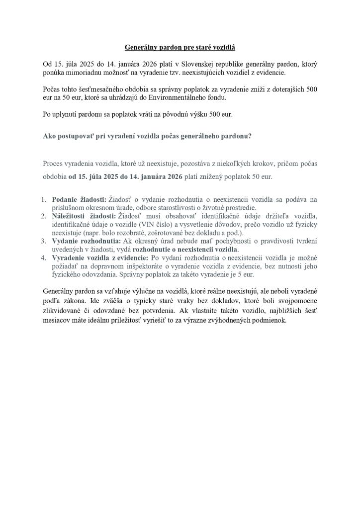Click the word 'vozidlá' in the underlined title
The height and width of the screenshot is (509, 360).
[x=221, y=48]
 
